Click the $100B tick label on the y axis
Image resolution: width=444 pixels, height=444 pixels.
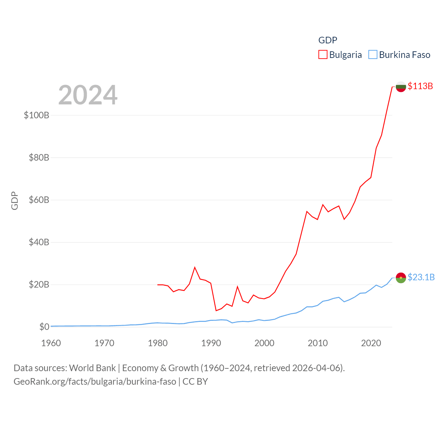coord(36,115)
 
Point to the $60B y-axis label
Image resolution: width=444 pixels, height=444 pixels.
coord(39,200)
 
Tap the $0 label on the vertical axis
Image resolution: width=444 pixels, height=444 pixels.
coord(44,327)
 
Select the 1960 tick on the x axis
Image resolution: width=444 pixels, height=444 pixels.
coord(51,343)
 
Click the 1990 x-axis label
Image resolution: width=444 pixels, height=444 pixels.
coord(211,343)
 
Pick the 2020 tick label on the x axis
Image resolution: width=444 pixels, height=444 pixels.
coord(371,343)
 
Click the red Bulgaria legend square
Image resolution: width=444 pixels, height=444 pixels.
coord(323,55)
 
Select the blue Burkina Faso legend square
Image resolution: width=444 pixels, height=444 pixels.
coord(373,55)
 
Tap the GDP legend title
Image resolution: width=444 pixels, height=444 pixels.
coord(327,40)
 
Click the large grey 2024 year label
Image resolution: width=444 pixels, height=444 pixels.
coord(88,95)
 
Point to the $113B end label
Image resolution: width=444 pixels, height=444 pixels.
coord(420,86)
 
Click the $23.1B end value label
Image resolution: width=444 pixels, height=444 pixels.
coord(421,277)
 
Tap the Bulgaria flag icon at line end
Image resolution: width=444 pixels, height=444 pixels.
coord(401,87)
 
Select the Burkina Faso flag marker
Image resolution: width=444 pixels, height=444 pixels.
coord(401,278)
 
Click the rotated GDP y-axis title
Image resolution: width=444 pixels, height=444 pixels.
coord(15,200)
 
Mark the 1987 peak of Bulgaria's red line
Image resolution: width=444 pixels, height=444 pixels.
coord(195,267)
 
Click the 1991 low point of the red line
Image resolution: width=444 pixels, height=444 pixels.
coord(216,310)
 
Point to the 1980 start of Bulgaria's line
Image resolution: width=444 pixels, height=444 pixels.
coord(158,285)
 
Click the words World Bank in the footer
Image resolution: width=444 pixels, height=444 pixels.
coord(92,368)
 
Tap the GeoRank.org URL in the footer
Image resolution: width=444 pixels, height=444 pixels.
coord(95,382)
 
